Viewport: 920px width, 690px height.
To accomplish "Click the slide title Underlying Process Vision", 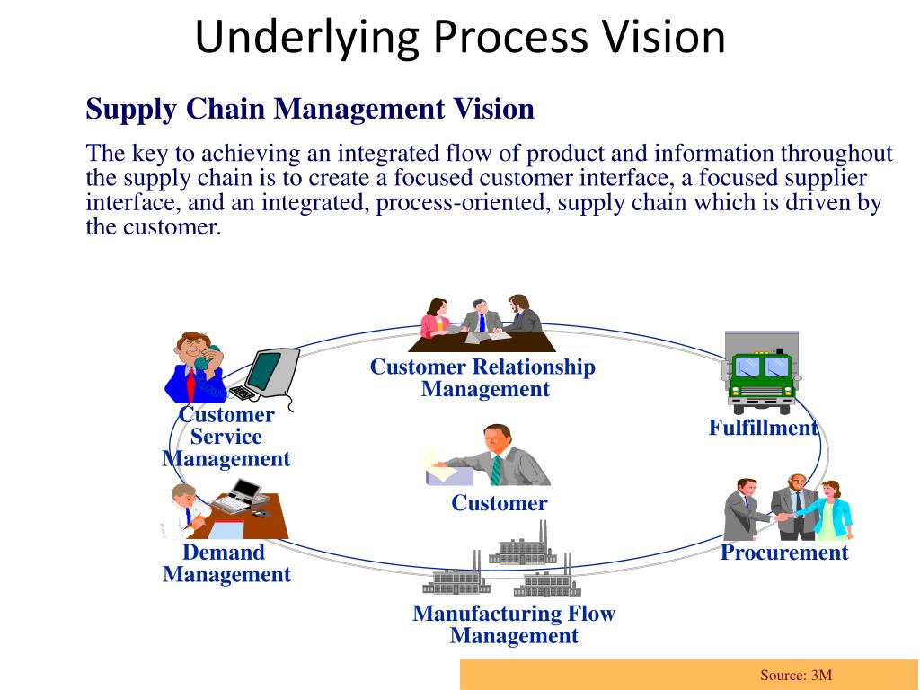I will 460,38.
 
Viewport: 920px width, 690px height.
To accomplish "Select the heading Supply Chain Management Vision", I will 310,110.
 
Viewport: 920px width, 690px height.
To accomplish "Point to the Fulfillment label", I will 763,428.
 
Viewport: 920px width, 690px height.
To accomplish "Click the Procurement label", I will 783,553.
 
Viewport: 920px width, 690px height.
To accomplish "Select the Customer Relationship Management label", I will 483,378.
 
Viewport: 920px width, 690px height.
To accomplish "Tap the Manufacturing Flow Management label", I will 513,624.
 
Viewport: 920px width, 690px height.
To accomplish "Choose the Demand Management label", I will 226,563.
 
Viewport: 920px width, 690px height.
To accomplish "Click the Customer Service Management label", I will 226,437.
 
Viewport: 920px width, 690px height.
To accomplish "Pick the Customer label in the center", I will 499,503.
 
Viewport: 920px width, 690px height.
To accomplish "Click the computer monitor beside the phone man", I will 271,370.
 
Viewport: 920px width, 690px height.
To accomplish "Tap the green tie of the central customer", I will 495,469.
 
